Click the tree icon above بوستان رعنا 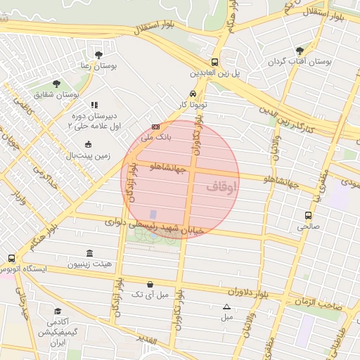click(98, 54)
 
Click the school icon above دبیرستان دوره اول click(94, 105)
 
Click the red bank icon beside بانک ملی click(155, 127)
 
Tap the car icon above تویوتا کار click(192, 94)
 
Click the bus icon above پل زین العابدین click(214, 62)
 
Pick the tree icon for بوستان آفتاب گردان click(300, 51)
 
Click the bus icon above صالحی click(308, 216)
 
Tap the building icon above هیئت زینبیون click(89, 253)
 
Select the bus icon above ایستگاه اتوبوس click(11, 258)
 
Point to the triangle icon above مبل click(226, 307)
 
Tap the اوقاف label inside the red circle click(222, 187)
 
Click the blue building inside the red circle click(153, 214)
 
